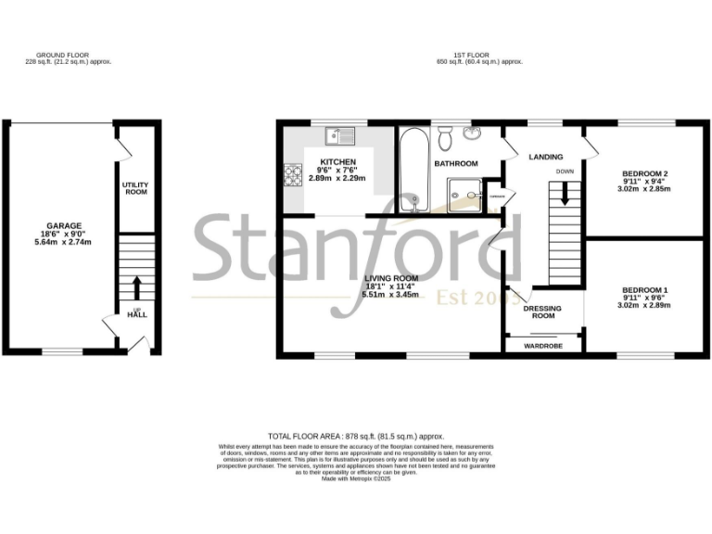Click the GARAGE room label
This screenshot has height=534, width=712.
[x=65, y=225]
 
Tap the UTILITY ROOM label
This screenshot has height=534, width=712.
[x=135, y=188]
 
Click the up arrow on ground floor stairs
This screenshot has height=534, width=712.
[x=136, y=286]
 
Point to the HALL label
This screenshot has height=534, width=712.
[x=137, y=314]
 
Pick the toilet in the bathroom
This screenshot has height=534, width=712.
[x=446, y=139]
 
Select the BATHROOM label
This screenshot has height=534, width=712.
[x=456, y=164]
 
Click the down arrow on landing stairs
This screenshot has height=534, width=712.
[x=564, y=195]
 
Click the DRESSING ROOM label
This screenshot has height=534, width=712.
[x=543, y=311]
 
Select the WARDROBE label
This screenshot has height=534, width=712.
[x=543, y=345]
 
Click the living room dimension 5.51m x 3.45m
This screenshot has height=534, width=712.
[x=391, y=295]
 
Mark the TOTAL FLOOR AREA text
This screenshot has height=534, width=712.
[x=356, y=435]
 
